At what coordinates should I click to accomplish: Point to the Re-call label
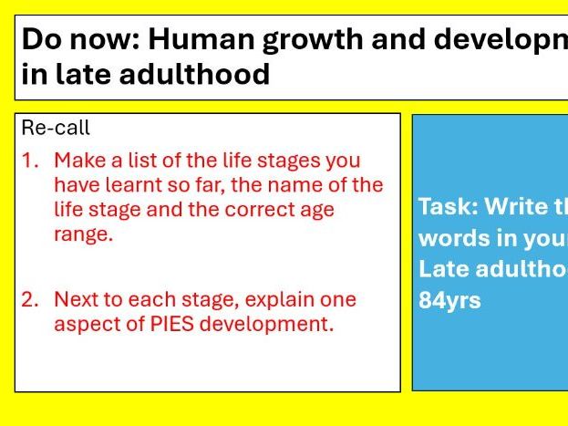(x=56, y=129)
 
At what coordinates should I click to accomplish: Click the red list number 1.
(x=31, y=161)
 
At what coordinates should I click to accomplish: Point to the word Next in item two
(x=75, y=299)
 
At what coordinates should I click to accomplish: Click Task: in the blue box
(x=448, y=206)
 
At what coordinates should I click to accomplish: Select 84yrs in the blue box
(x=449, y=300)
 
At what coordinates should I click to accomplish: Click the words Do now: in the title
(x=80, y=40)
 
